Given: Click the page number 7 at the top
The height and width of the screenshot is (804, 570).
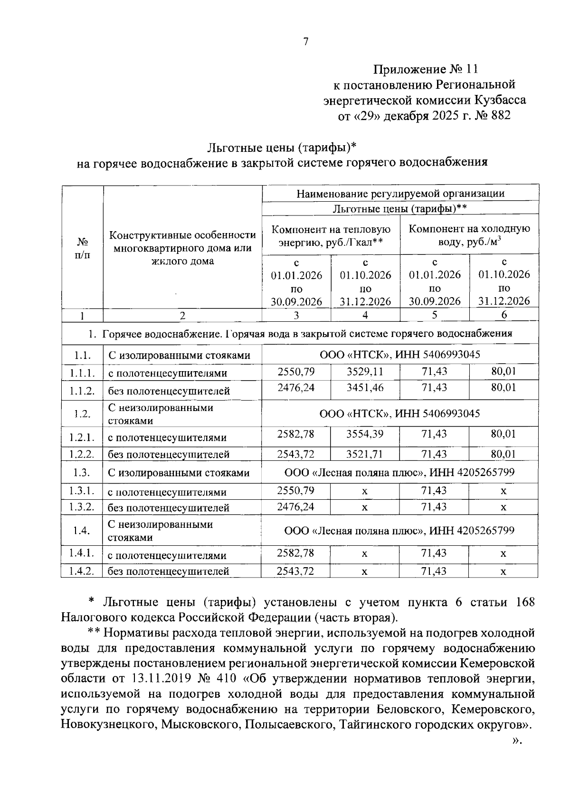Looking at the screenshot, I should pos(306,42).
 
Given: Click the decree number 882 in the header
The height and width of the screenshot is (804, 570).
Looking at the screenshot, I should pos(498,115).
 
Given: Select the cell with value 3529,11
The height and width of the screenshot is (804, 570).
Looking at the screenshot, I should pos(365,371).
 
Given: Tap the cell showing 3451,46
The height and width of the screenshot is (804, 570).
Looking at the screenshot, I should pos(365,388).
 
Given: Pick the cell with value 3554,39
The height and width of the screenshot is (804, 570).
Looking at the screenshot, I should pos(365,434).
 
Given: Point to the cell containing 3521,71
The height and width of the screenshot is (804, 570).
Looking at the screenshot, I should pos(365,454).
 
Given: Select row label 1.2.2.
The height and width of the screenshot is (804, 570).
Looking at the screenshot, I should pos(82,454).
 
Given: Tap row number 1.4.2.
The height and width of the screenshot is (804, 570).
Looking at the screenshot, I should pos(82,571).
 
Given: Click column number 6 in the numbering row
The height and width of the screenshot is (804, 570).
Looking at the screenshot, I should pos(504,315).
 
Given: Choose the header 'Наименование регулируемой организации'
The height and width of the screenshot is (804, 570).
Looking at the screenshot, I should pos(400,194).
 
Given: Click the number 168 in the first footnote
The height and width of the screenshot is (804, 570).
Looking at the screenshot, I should pos(525,602).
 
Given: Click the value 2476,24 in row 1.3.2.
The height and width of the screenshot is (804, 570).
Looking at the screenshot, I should pos(296,506).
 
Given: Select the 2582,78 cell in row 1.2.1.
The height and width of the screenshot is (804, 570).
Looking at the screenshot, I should pos(296,434).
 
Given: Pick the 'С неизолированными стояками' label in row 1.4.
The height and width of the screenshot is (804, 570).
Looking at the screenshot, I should pos(160,531).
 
